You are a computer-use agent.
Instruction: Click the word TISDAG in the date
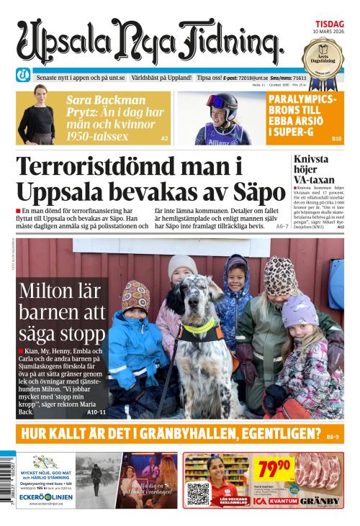coord(328,23)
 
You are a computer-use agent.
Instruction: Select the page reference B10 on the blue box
coord(336,137)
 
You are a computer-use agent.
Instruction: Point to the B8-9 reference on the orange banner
coord(333,436)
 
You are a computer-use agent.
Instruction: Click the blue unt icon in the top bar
coord(23,76)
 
